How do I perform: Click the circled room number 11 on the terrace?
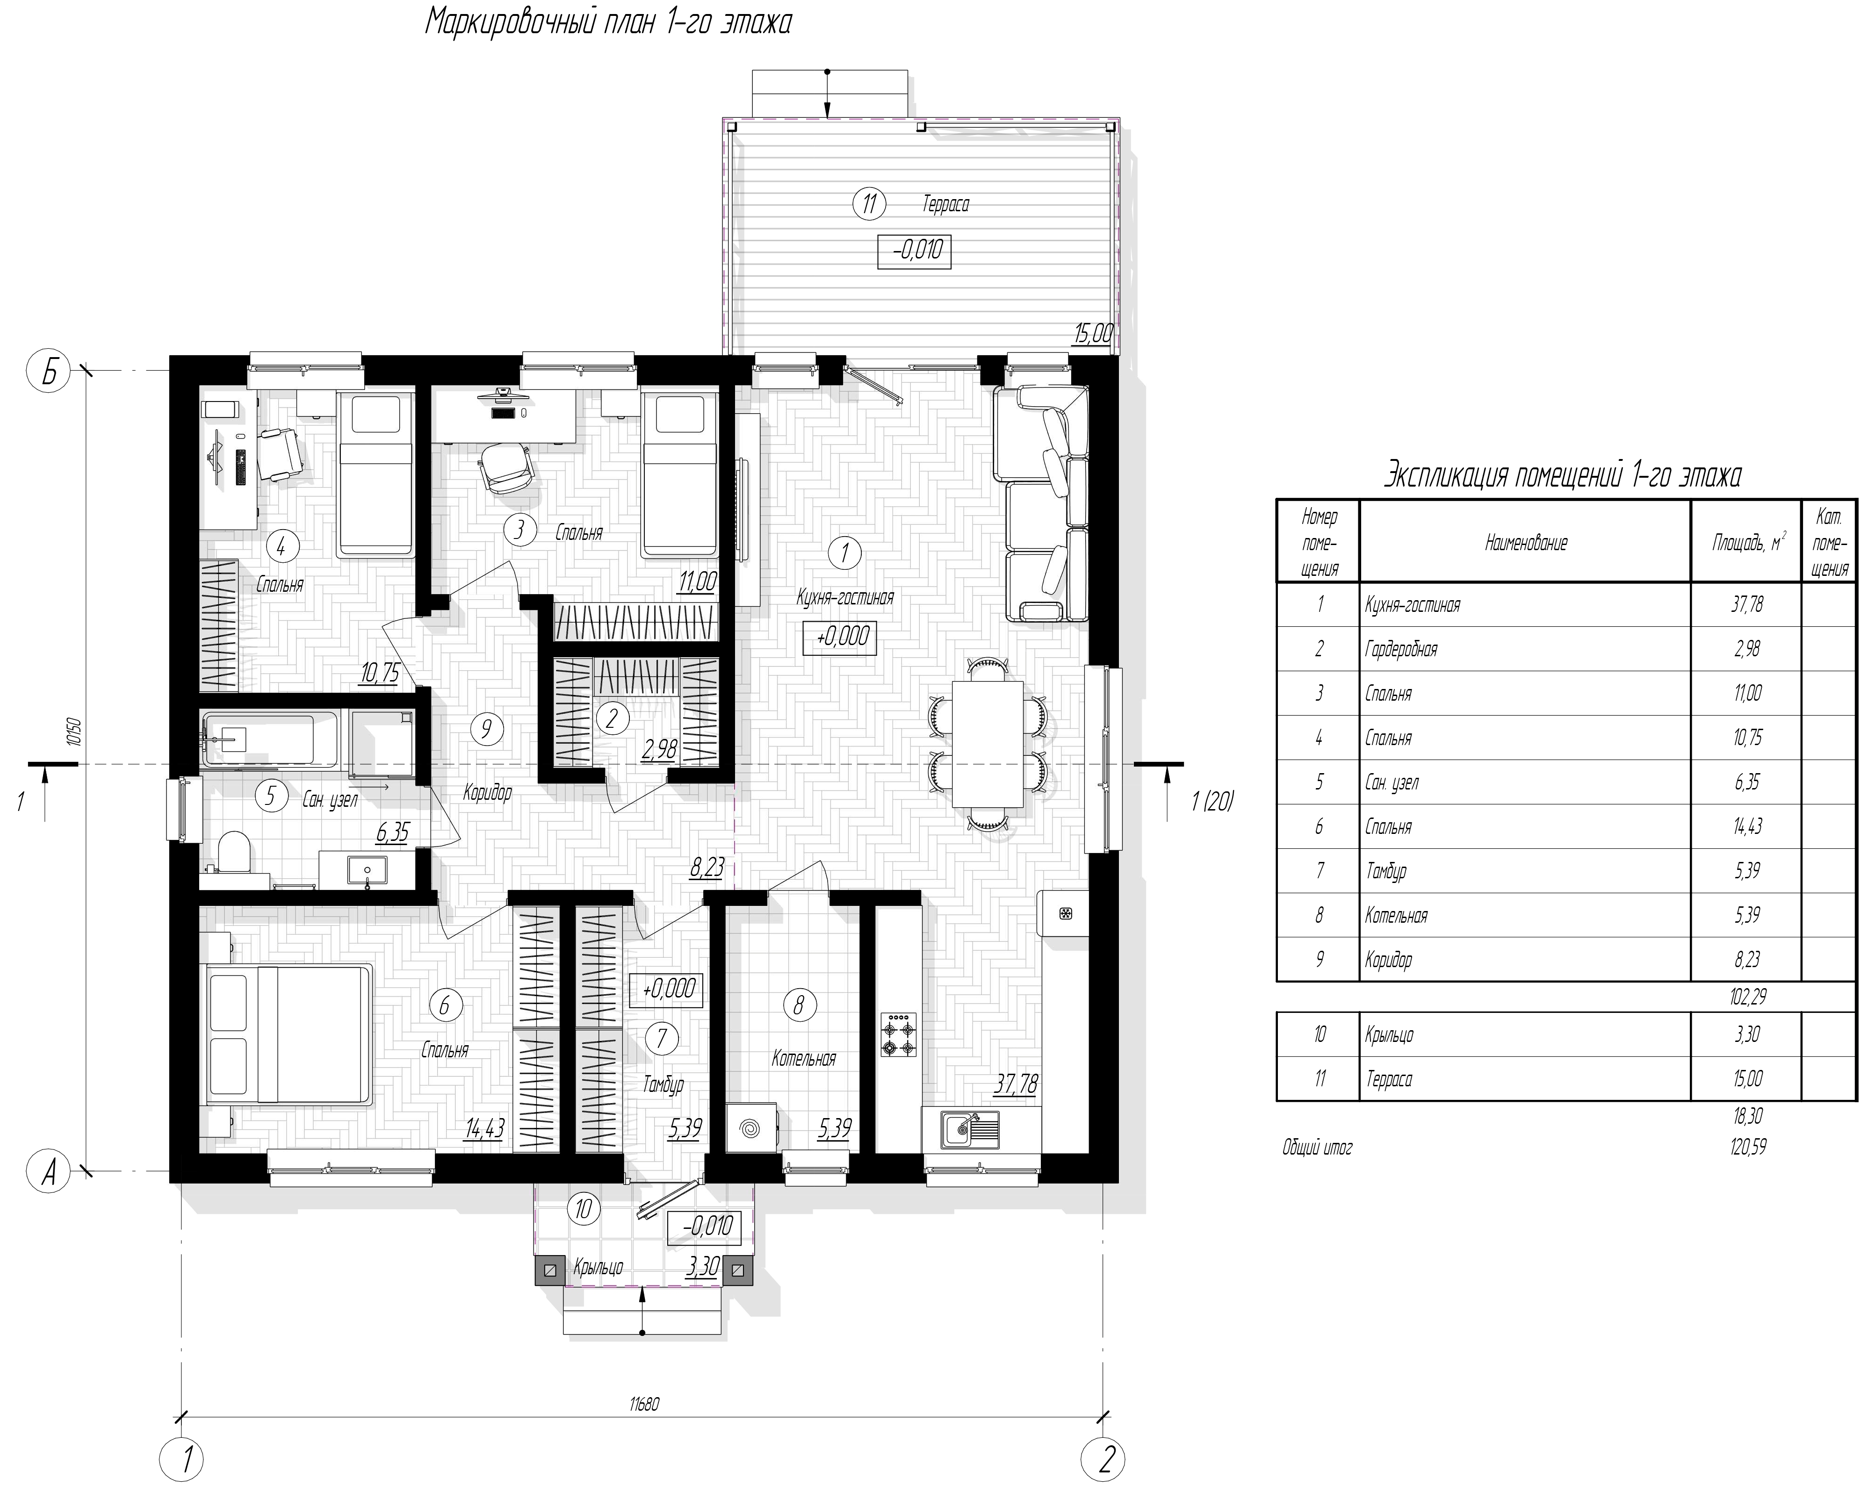pos(868,205)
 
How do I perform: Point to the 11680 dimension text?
pos(644,1404)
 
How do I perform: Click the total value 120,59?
pos(1747,1148)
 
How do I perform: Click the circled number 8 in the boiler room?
pos(798,1005)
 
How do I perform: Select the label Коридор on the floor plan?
pos(487,793)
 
